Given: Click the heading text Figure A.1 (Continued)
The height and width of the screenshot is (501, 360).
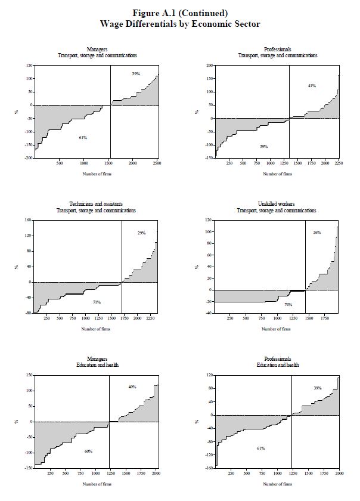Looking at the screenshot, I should click(180, 12).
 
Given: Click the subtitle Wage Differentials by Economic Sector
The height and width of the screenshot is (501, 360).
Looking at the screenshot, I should click(180, 23).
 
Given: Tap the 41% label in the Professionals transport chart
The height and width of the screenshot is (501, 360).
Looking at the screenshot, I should click(312, 86).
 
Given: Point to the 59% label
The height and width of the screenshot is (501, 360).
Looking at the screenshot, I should click(263, 146).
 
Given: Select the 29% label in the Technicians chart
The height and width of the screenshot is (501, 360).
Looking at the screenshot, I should click(141, 233).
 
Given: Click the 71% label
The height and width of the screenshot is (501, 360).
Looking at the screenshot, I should click(97, 302).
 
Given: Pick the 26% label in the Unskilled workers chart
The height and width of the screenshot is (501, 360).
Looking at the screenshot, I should click(317, 232).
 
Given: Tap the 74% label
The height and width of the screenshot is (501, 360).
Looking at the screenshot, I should click(288, 304).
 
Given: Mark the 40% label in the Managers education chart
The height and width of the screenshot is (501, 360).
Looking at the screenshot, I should click(132, 387).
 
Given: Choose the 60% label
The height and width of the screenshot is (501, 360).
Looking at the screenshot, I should click(88, 451).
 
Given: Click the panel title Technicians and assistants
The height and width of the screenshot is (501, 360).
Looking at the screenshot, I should click(96, 204).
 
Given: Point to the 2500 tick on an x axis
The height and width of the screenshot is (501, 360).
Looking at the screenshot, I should click(156, 162).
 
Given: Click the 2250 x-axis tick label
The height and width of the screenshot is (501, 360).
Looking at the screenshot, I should click(337, 162).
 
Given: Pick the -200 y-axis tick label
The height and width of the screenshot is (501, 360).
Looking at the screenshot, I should click(27, 158).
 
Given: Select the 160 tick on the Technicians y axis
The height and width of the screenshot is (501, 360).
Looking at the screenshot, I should click(27, 220).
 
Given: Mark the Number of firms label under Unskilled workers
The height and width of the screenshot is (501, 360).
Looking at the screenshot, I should click(277, 329).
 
